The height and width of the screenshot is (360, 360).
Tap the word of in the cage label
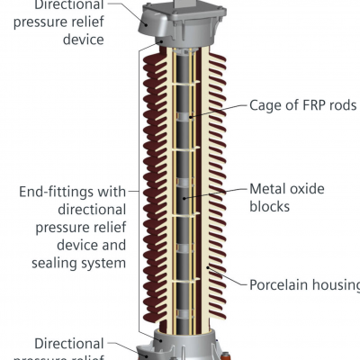(x=294, y=105)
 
